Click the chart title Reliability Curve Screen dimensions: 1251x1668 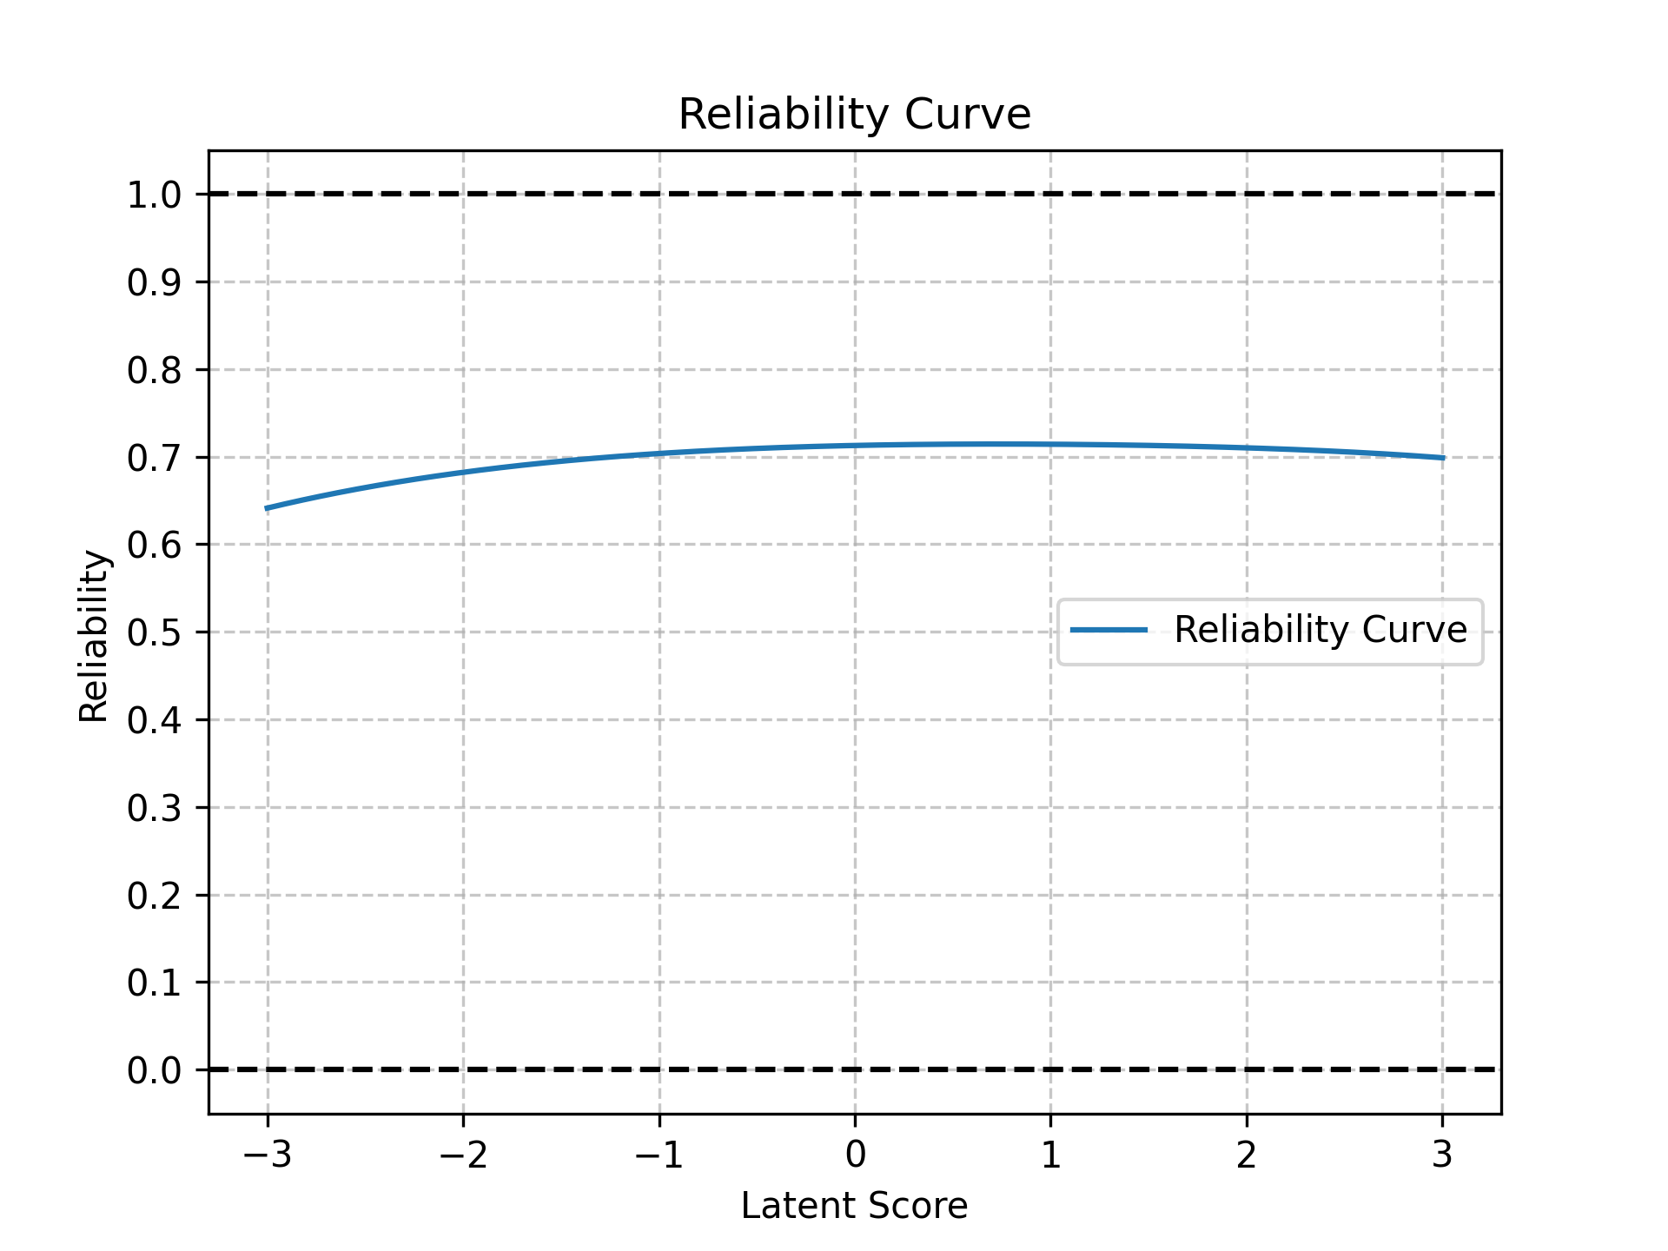pyautogui.click(x=854, y=115)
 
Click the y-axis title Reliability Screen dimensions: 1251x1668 pyautogui.click(x=94, y=636)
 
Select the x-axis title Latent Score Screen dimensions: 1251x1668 pyautogui.click(x=854, y=1207)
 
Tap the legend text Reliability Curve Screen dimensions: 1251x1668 pyautogui.click(x=1320, y=630)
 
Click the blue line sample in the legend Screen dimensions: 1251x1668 pyautogui.click(x=1109, y=630)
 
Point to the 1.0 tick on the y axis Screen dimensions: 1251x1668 pyautogui.click(x=154, y=195)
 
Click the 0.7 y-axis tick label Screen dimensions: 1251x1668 pyautogui.click(x=154, y=458)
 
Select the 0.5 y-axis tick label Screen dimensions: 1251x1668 pyautogui.click(x=154, y=633)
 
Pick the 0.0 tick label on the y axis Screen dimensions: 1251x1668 pyautogui.click(x=154, y=1070)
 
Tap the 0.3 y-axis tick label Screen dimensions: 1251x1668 pyautogui.click(x=154, y=809)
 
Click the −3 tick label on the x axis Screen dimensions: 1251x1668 pyautogui.click(x=268, y=1155)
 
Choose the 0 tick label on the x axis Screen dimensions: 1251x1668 pyautogui.click(x=855, y=1155)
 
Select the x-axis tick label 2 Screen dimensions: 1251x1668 pyautogui.click(x=1247, y=1155)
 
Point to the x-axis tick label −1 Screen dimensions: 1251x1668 pyautogui.click(x=659, y=1155)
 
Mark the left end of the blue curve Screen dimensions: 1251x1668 pyautogui.click(x=268, y=508)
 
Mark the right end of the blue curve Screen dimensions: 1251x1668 pyautogui.click(x=1442, y=458)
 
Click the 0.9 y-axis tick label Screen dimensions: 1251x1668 pyautogui.click(x=154, y=282)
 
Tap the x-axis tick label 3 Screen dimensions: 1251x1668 pyautogui.click(x=1442, y=1155)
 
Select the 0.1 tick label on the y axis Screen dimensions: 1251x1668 pyautogui.click(x=154, y=983)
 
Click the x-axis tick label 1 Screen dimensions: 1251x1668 pyautogui.click(x=1051, y=1155)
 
